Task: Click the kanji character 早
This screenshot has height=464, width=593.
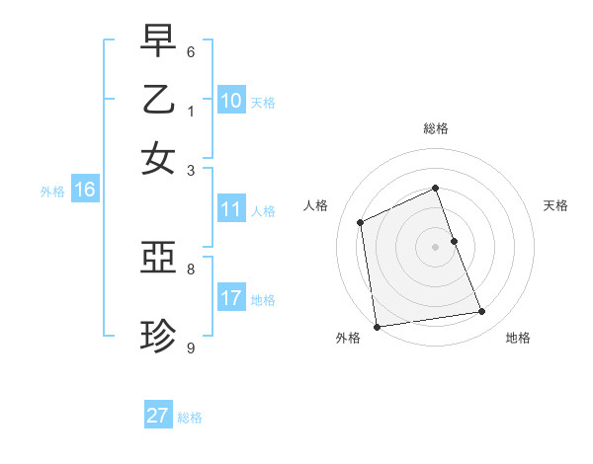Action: [x=158, y=42]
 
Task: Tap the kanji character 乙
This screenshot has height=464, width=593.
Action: [x=158, y=100]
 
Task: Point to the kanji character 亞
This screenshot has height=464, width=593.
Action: [x=158, y=260]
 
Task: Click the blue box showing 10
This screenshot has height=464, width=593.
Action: [x=231, y=101]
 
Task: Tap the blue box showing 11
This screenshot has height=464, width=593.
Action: [x=231, y=209]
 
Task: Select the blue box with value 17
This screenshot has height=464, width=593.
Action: [x=231, y=298]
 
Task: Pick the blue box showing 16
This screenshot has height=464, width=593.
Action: [x=85, y=191]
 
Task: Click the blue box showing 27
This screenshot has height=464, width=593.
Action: [x=158, y=416]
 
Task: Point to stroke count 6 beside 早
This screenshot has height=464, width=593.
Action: [x=191, y=52]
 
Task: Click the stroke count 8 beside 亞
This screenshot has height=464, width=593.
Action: [x=191, y=268]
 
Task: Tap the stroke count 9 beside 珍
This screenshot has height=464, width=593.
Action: [x=191, y=347]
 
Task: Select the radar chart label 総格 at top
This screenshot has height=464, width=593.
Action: [x=436, y=128]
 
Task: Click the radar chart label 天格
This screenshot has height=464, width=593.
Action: [x=555, y=205]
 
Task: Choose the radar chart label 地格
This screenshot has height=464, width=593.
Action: [x=518, y=338]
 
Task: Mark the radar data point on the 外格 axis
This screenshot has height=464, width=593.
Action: [x=377, y=327]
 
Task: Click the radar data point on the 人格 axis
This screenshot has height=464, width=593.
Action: [x=361, y=222]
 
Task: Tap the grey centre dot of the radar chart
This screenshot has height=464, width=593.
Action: [x=436, y=247]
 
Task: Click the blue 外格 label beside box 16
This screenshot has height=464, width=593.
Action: [x=52, y=192]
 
